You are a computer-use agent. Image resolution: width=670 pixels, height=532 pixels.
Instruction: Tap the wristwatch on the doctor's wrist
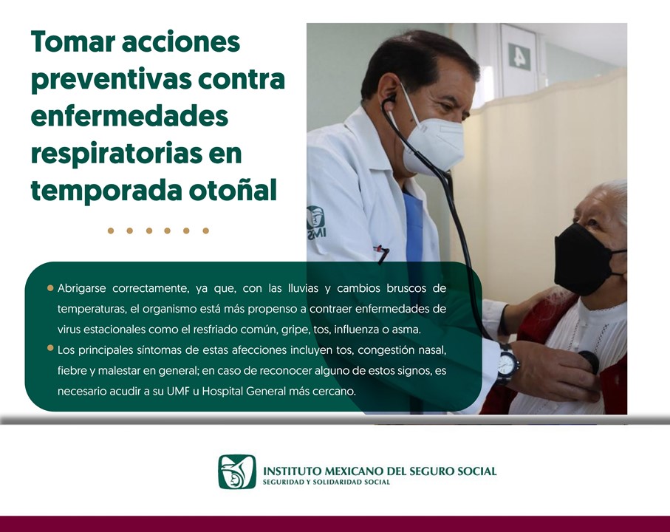[507, 364]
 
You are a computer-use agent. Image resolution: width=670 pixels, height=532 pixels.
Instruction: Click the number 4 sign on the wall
[519, 57]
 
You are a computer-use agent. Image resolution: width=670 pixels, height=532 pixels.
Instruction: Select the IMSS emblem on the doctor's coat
[316, 222]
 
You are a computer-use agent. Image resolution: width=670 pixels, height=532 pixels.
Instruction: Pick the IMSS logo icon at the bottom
[237, 471]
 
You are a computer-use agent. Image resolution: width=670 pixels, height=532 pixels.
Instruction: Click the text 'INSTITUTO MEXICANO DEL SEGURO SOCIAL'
[380, 471]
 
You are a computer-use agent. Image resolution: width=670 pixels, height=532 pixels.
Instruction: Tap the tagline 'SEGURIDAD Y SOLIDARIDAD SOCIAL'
[327, 482]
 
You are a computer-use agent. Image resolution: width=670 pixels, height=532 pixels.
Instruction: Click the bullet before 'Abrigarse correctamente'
[50, 288]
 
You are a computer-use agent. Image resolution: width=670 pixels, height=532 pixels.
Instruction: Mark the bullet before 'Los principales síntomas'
[50, 348]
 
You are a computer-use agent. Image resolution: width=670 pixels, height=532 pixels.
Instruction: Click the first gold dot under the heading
[111, 231]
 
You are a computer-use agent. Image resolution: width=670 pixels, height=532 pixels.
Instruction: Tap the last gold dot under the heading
[205, 231]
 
